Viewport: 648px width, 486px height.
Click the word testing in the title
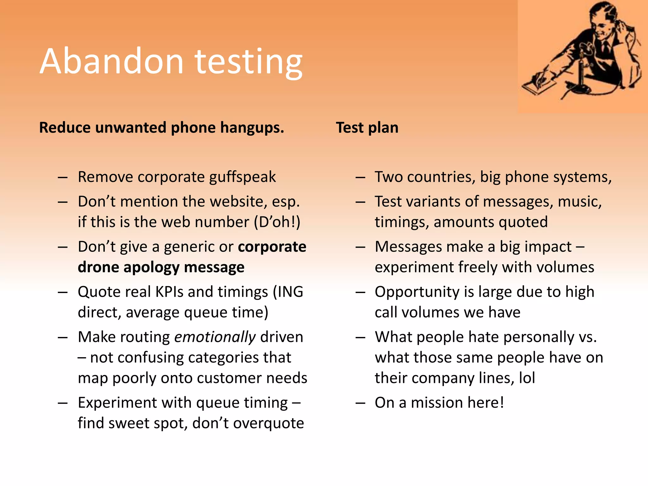pyautogui.click(x=249, y=62)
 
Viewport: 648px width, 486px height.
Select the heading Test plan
pyautogui.click(x=367, y=128)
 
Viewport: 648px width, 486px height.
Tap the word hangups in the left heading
pyautogui.click(x=252, y=128)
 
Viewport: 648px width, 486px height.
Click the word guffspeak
pyautogui.click(x=242, y=177)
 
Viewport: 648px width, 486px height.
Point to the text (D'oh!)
pyautogui.click(x=277, y=222)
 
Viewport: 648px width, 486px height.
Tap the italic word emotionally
pyautogui.click(x=215, y=337)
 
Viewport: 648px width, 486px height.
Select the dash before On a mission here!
pyautogui.click(x=360, y=403)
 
